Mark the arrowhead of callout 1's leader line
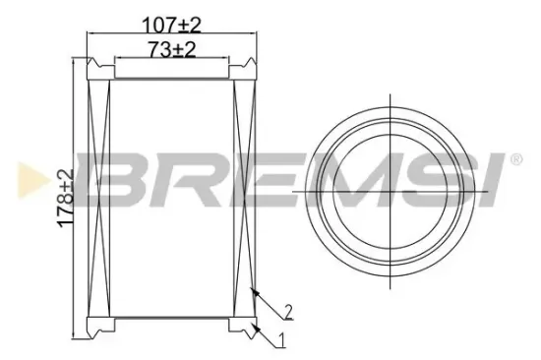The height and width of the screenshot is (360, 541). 252,326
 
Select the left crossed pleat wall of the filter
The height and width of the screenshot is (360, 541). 97,197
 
